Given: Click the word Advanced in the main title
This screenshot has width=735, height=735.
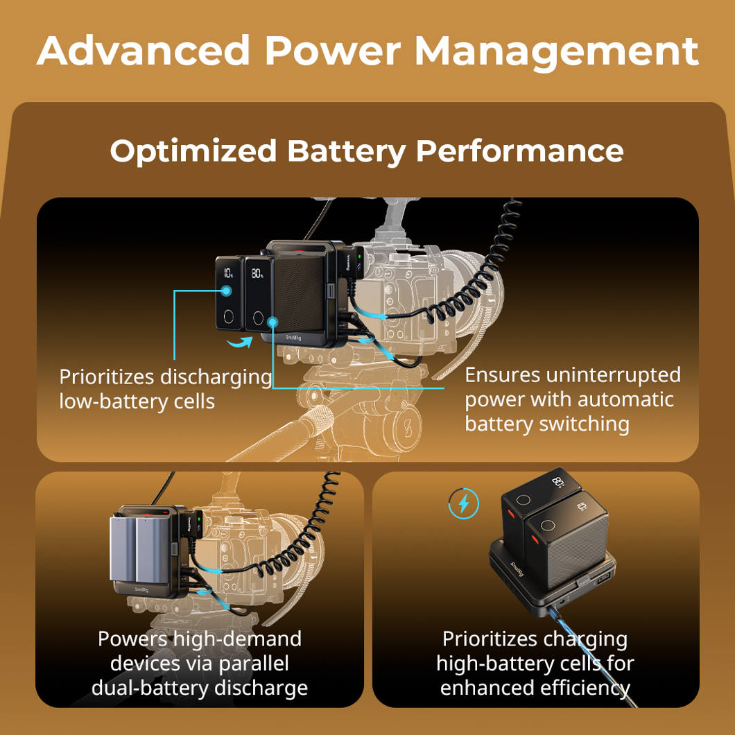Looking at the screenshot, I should pyautogui.click(x=144, y=50).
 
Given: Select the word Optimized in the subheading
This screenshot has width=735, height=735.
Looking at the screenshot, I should pyautogui.click(x=193, y=151).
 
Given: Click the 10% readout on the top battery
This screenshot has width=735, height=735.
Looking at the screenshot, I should pyautogui.click(x=228, y=273).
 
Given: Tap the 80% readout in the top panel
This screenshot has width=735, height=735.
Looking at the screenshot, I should pyautogui.click(x=257, y=273).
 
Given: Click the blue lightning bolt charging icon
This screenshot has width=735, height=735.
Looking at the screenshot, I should pyautogui.click(x=463, y=504).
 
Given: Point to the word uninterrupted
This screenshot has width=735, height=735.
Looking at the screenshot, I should pyautogui.click(x=614, y=375).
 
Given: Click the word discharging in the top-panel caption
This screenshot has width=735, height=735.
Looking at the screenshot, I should pyautogui.click(x=216, y=377).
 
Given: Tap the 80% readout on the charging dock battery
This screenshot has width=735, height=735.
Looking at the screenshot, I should pyautogui.click(x=558, y=482).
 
